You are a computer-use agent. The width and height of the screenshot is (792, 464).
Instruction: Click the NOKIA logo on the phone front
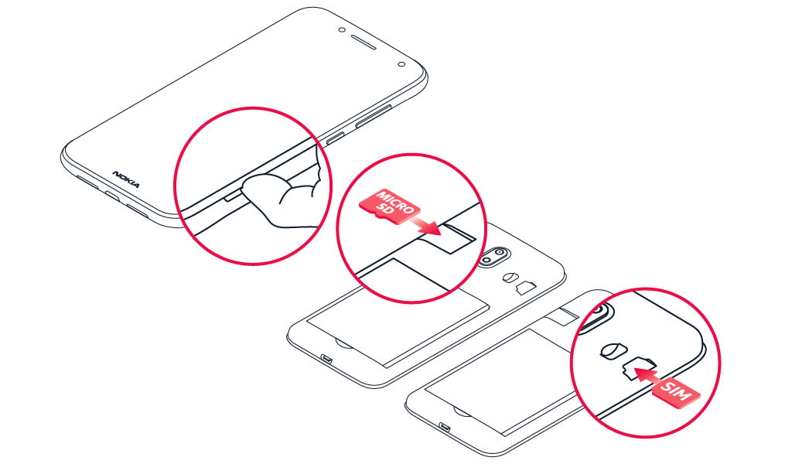pos(126,179)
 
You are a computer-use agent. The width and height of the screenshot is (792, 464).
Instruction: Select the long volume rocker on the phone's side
pos(374,116)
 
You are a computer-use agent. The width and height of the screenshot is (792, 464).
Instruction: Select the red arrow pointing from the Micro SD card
pos(426,226)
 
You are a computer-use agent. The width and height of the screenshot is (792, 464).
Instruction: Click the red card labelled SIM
pos(678,391)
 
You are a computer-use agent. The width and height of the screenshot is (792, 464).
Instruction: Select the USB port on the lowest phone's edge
pos(445,427)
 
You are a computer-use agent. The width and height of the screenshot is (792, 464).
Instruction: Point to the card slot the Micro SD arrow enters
pos(457,238)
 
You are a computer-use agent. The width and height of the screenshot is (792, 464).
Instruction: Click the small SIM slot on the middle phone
pos(526,288)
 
